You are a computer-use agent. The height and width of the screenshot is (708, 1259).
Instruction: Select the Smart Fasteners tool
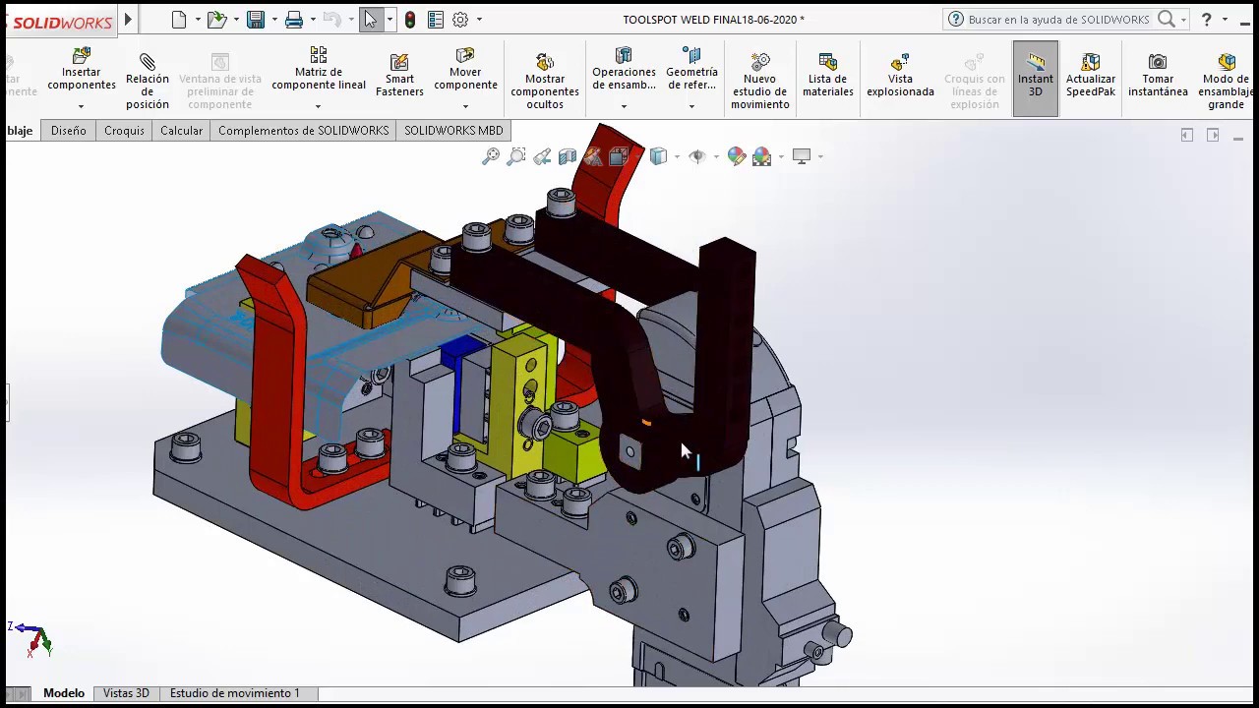pos(399,75)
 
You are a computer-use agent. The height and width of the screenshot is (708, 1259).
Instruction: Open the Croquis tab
pos(124,131)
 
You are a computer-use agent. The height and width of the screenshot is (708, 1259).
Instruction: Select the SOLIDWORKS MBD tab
pos(453,131)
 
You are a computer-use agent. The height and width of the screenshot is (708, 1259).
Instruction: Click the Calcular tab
pos(181,131)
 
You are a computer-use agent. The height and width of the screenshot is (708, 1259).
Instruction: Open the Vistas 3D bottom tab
pos(126,693)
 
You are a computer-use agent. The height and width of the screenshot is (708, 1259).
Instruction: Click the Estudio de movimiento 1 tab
pos(235,693)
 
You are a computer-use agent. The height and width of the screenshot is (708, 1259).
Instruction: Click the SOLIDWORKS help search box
pos(1058,20)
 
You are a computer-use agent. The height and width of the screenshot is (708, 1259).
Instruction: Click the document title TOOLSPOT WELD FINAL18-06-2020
pos(713,20)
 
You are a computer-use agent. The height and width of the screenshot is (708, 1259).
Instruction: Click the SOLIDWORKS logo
pos(61,21)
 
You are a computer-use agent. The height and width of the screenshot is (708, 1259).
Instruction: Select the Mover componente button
pos(465,75)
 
